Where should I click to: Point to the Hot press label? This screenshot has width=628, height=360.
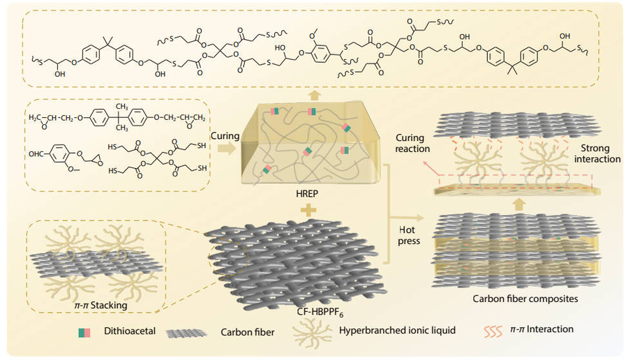[x=409, y=236]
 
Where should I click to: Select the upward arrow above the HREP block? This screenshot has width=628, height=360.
[x=314, y=93]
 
